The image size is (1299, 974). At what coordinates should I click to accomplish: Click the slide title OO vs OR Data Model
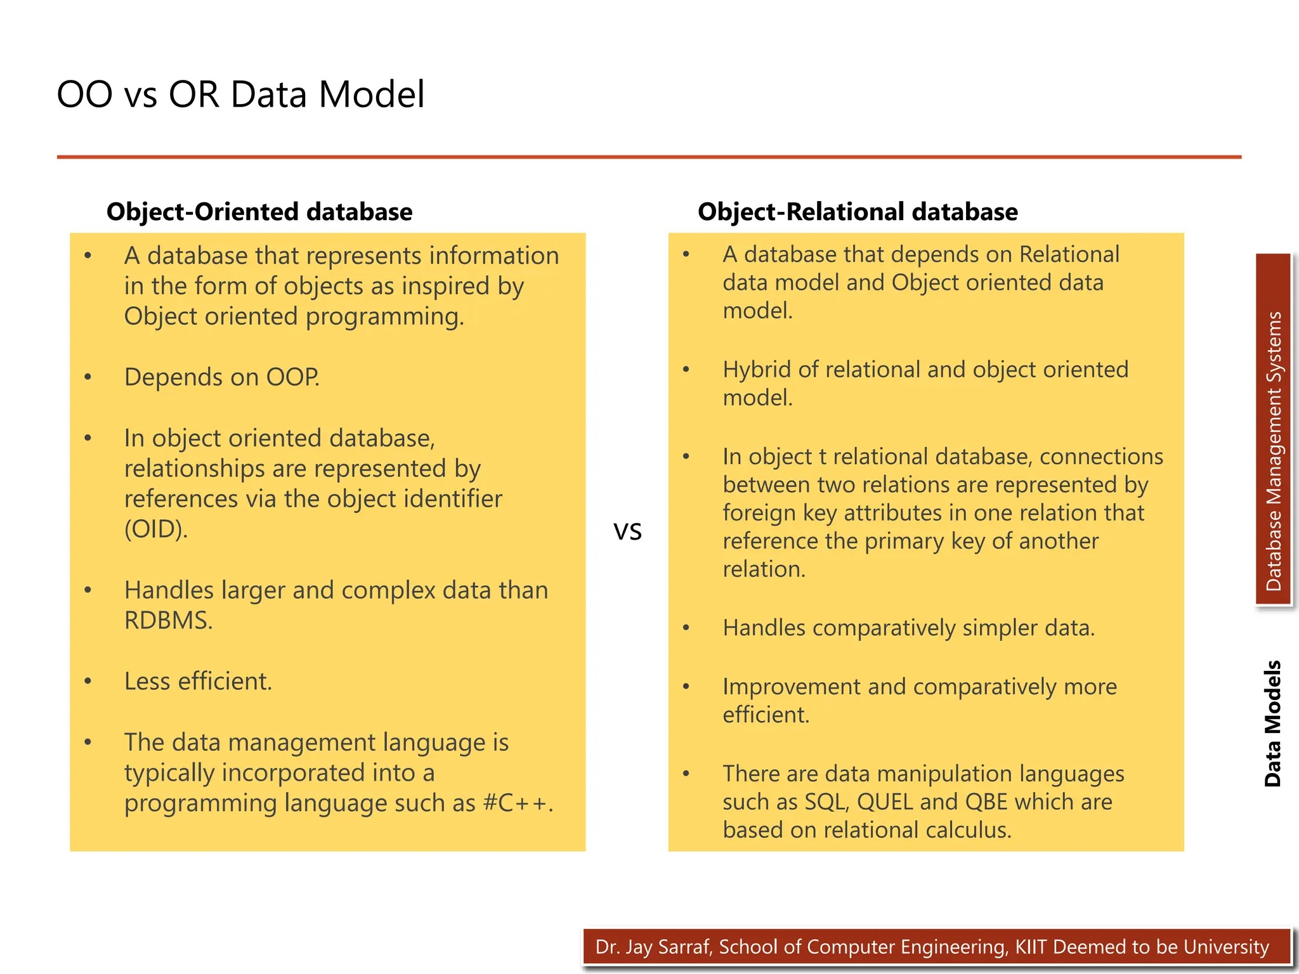click(240, 94)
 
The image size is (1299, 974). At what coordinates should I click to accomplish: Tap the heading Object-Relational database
click(857, 212)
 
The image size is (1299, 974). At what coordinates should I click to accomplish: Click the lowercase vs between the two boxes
click(627, 531)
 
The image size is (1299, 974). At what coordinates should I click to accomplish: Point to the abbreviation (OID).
click(156, 529)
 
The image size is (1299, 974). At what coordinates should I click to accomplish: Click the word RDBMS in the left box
click(167, 621)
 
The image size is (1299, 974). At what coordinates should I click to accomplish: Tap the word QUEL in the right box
click(885, 802)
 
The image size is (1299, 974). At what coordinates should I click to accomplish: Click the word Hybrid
click(757, 370)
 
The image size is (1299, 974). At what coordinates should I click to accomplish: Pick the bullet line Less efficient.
click(198, 682)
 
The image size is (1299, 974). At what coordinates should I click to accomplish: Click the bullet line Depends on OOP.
click(221, 377)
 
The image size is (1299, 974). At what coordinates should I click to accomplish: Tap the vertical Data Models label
click(1272, 724)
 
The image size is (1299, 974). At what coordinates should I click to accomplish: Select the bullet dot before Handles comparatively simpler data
click(686, 628)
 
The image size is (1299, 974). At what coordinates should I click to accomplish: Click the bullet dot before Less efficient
click(88, 681)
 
